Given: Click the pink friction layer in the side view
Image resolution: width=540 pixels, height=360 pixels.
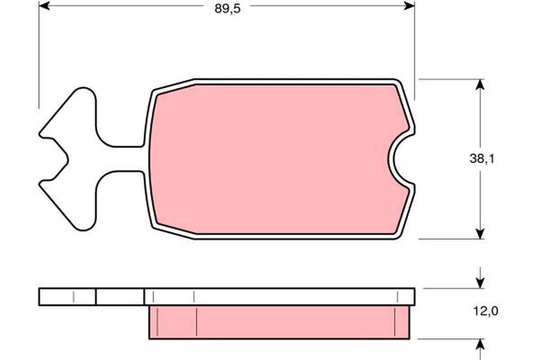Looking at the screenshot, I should click(279, 322).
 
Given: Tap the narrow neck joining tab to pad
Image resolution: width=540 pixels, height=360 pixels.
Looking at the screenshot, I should click(121, 159).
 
